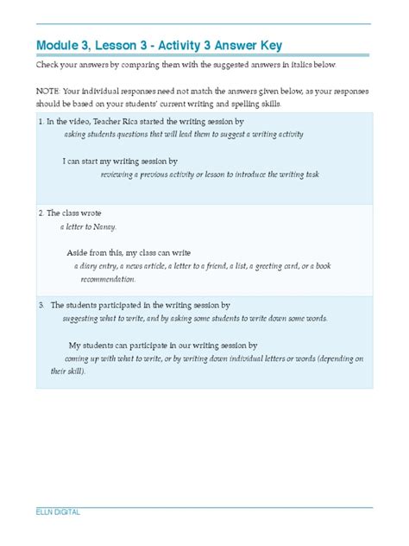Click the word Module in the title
(x=57, y=45)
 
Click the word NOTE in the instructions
(x=47, y=90)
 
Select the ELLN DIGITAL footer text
(x=57, y=511)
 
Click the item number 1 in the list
(x=41, y=122)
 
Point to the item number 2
(x=41, y=212)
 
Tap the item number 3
(x=41, y=305)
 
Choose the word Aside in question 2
(x=79, y=252)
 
